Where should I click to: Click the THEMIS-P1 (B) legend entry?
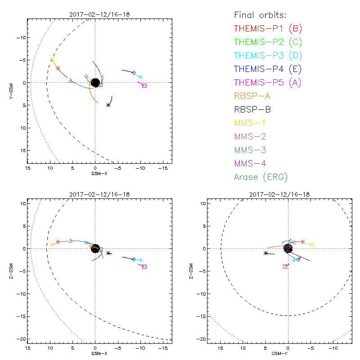[268, 28]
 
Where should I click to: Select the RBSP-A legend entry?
[252, 96]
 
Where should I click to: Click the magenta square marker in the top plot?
[144, 85]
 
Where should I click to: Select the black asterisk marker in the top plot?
[108, 105]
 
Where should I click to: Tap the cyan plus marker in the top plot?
[140, 77]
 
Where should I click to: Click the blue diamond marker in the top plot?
[134, 72]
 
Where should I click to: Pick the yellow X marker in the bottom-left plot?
[52, 244]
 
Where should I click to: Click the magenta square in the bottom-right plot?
[285, 266]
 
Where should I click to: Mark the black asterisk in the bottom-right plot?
[266, 253]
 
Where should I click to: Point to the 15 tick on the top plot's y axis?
[20, 150]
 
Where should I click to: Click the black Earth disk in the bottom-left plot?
[95, 248]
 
